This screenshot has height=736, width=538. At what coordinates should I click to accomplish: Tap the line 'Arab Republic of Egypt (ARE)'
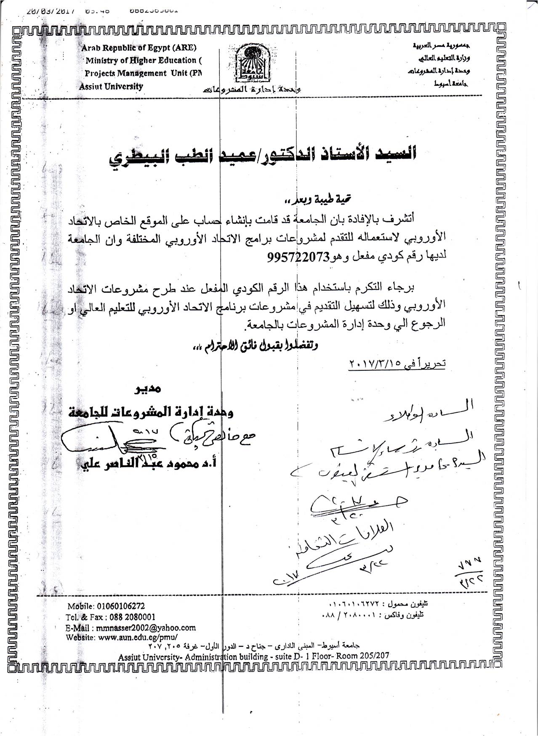click(139, 48)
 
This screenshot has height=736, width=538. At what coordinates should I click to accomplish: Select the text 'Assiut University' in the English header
click(111, 86)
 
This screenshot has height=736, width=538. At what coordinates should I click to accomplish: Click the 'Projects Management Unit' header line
click(144, 73)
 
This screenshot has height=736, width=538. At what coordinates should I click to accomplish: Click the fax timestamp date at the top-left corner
click(50, 11)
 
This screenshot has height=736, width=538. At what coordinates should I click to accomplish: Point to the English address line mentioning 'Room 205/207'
click(253, 656)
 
